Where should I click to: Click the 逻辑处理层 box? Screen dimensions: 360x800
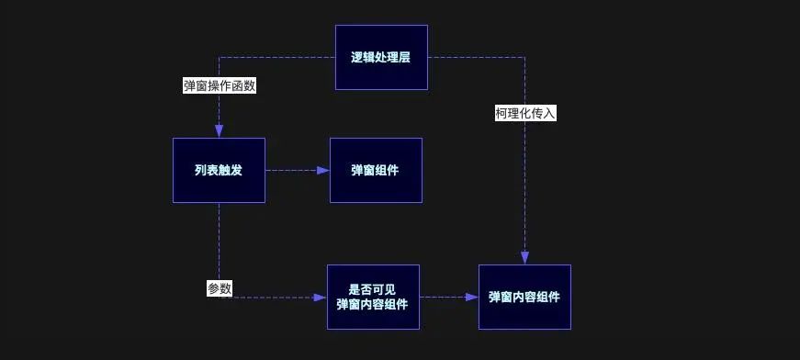click(381, 57)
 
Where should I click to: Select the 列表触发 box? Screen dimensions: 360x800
click(219, 170)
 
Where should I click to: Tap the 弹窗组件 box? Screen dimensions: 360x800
click(376, 170)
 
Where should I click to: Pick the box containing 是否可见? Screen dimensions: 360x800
click(373, 297)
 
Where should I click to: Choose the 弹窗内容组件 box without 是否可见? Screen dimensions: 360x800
click(524, 297)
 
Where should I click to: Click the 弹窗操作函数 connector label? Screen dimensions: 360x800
click(220, 85)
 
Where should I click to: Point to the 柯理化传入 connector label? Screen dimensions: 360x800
click(525, 114)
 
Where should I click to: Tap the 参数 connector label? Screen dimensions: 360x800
click(220, 288)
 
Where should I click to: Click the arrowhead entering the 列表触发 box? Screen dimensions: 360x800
click(220, 131)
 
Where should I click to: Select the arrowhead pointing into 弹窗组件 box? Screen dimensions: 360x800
click(323, 171)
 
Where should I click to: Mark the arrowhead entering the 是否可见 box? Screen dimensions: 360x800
click(321, 298)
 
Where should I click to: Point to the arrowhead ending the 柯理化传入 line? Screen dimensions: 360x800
click(524, 258)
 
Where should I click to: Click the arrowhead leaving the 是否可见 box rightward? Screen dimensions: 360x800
click(472, 298)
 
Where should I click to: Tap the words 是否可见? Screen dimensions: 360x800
click(373, 287)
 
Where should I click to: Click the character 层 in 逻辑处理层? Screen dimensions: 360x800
click(404, 57)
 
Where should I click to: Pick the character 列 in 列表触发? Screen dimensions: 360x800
click(200, 170)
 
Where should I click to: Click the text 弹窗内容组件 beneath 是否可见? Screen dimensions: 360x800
click(373, 306)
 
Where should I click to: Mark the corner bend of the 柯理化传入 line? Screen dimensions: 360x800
click(524, 57)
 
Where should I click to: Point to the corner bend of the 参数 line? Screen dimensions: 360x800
click(220, 298)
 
